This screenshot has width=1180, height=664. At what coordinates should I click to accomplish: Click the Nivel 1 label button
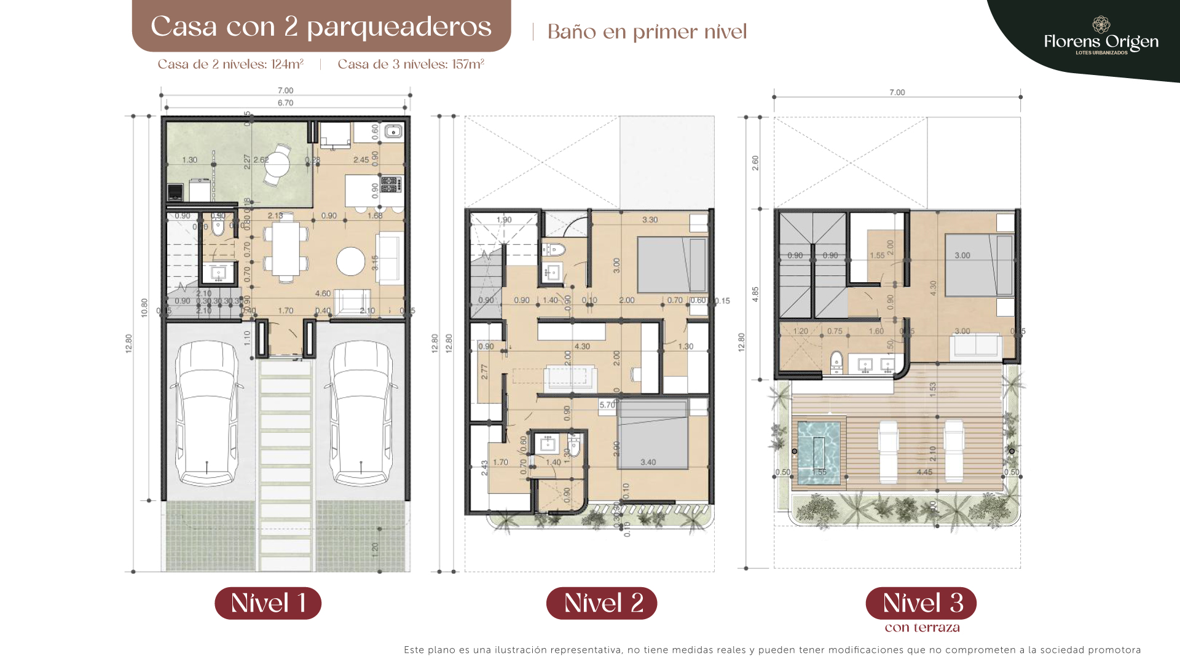[268, 603]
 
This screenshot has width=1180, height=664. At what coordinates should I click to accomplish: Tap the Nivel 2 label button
[602, 603]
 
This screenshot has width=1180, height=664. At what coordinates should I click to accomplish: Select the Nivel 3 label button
[921, 603]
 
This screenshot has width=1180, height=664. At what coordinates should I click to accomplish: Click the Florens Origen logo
[1101, 37]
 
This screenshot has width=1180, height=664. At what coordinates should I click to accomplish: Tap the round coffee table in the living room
[350, 261]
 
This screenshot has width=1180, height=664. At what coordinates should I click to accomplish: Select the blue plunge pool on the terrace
[819, 452]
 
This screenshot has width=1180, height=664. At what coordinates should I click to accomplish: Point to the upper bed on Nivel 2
[672, 265]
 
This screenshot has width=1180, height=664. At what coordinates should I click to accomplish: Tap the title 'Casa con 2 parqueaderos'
[321, 26]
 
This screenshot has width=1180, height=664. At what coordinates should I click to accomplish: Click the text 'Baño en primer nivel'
[647, 32]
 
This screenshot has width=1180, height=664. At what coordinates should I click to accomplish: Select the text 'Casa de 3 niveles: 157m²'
[411, 64]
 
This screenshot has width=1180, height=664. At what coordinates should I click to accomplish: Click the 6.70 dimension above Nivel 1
[285, 103]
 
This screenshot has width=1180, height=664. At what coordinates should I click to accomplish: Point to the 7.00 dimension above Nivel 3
[897, 92]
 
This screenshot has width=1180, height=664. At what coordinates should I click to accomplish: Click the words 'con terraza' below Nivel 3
[922, 628]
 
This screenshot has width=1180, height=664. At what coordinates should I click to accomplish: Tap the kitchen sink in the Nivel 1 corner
[393, 131]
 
